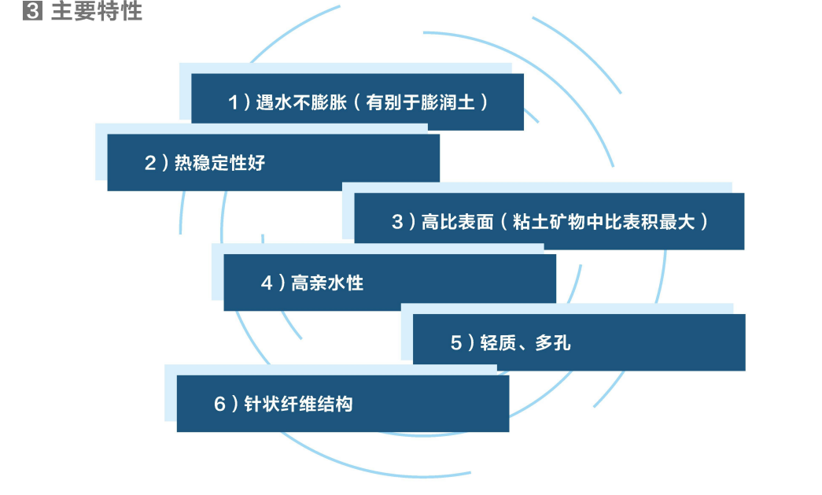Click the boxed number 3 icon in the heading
point(32,10)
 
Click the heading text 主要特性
point(97,10)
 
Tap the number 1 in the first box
point(234,102)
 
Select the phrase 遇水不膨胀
point(301,102)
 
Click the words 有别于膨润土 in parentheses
point(420,102)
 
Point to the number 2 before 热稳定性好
point(150,163)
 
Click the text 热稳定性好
point(219,163)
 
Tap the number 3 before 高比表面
point(397,222)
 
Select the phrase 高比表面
point(457,222)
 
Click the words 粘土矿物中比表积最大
point(603,222)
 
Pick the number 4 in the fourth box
point(267,283)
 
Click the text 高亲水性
point(327,283)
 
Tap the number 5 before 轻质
point(456,343)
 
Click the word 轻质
point(498,343)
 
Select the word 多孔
point(552,343)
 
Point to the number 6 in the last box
point(219,404)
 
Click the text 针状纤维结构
point(298,404)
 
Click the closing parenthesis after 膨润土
point(484,102)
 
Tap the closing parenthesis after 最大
point(704,222)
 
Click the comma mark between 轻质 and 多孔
point(523,347)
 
